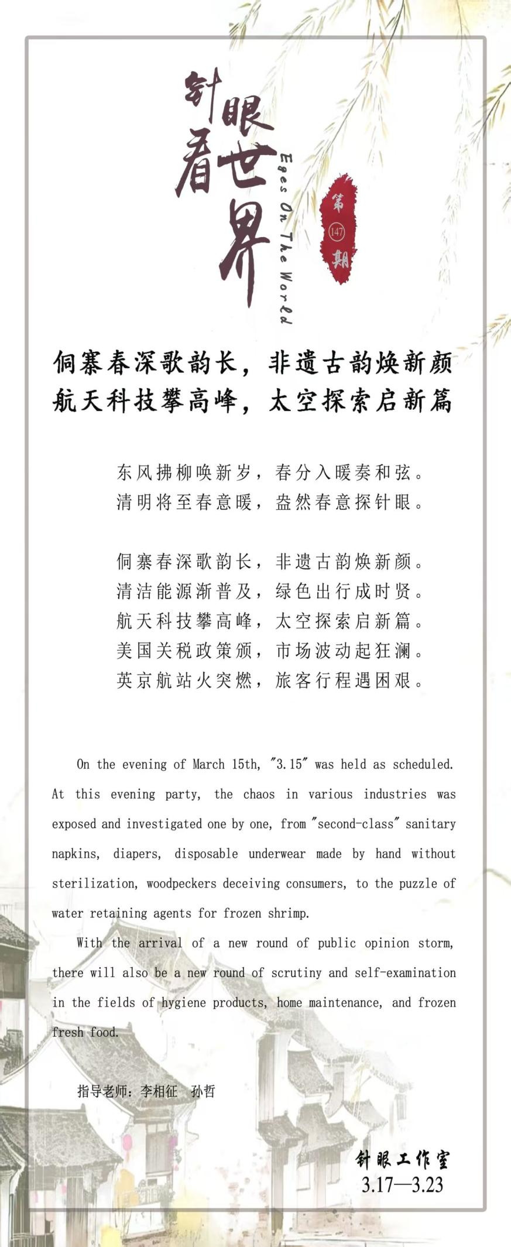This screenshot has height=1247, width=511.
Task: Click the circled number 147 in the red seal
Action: click(x=337, y=232)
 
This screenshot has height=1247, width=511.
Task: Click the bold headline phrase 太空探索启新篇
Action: click(x=361, y=401)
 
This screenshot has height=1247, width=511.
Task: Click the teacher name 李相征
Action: click(x=159, y=1091)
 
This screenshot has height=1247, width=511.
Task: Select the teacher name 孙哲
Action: click(x=203, y=1091)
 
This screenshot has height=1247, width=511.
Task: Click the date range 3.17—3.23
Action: click(x=402, y=1184)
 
